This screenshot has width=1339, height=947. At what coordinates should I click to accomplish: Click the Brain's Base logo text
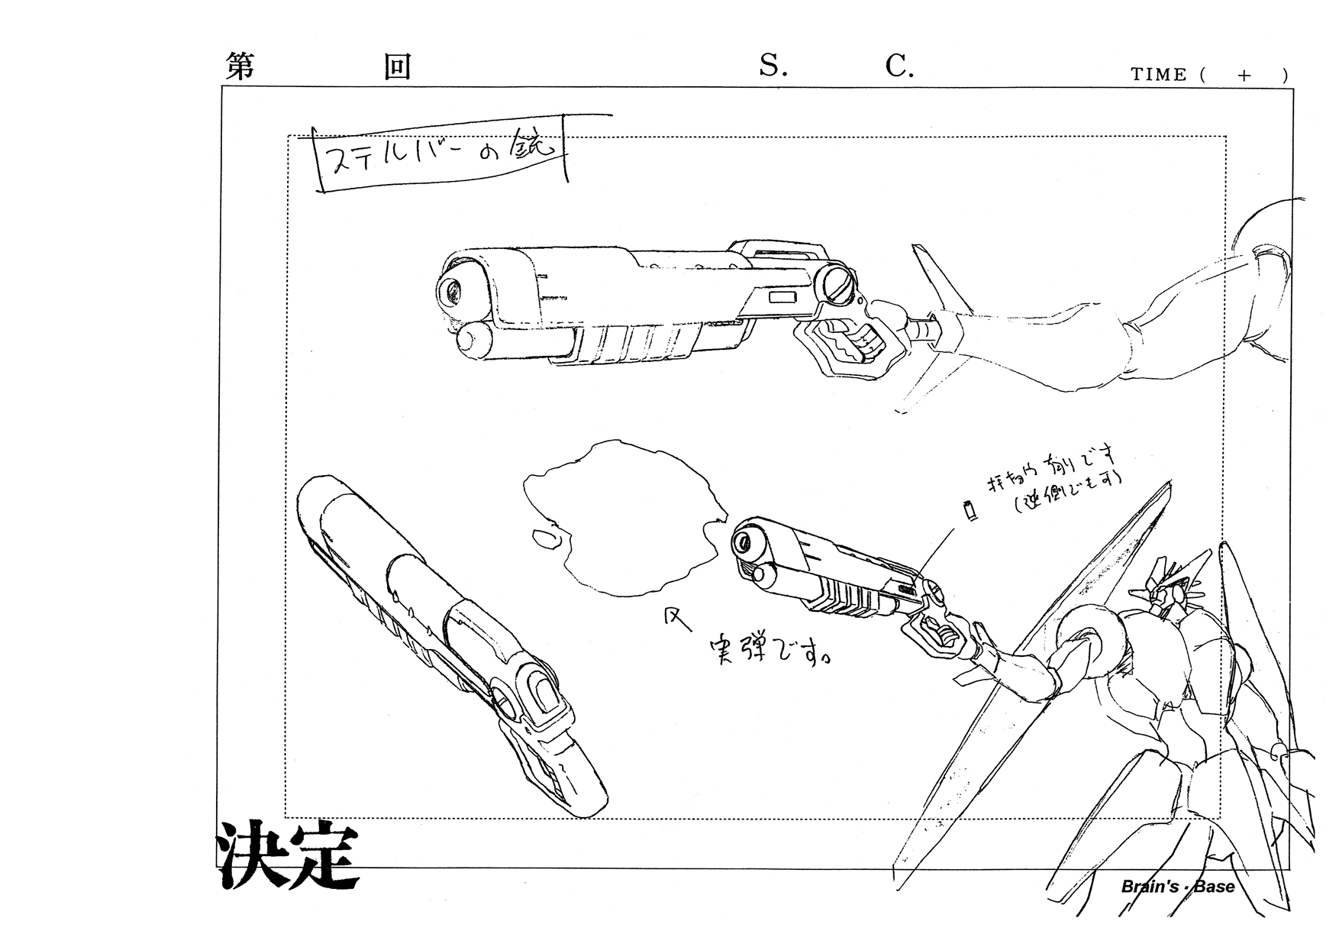1177,886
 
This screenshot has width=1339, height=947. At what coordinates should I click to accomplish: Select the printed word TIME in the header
1158,75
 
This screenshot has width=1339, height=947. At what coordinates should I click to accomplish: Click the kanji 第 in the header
240,67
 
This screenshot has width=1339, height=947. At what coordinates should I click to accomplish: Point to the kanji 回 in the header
397,67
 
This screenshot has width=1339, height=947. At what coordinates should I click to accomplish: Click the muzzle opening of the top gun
455,291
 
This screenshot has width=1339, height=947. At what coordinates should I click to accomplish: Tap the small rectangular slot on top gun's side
782,298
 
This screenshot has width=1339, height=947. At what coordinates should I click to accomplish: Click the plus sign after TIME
1245,75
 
